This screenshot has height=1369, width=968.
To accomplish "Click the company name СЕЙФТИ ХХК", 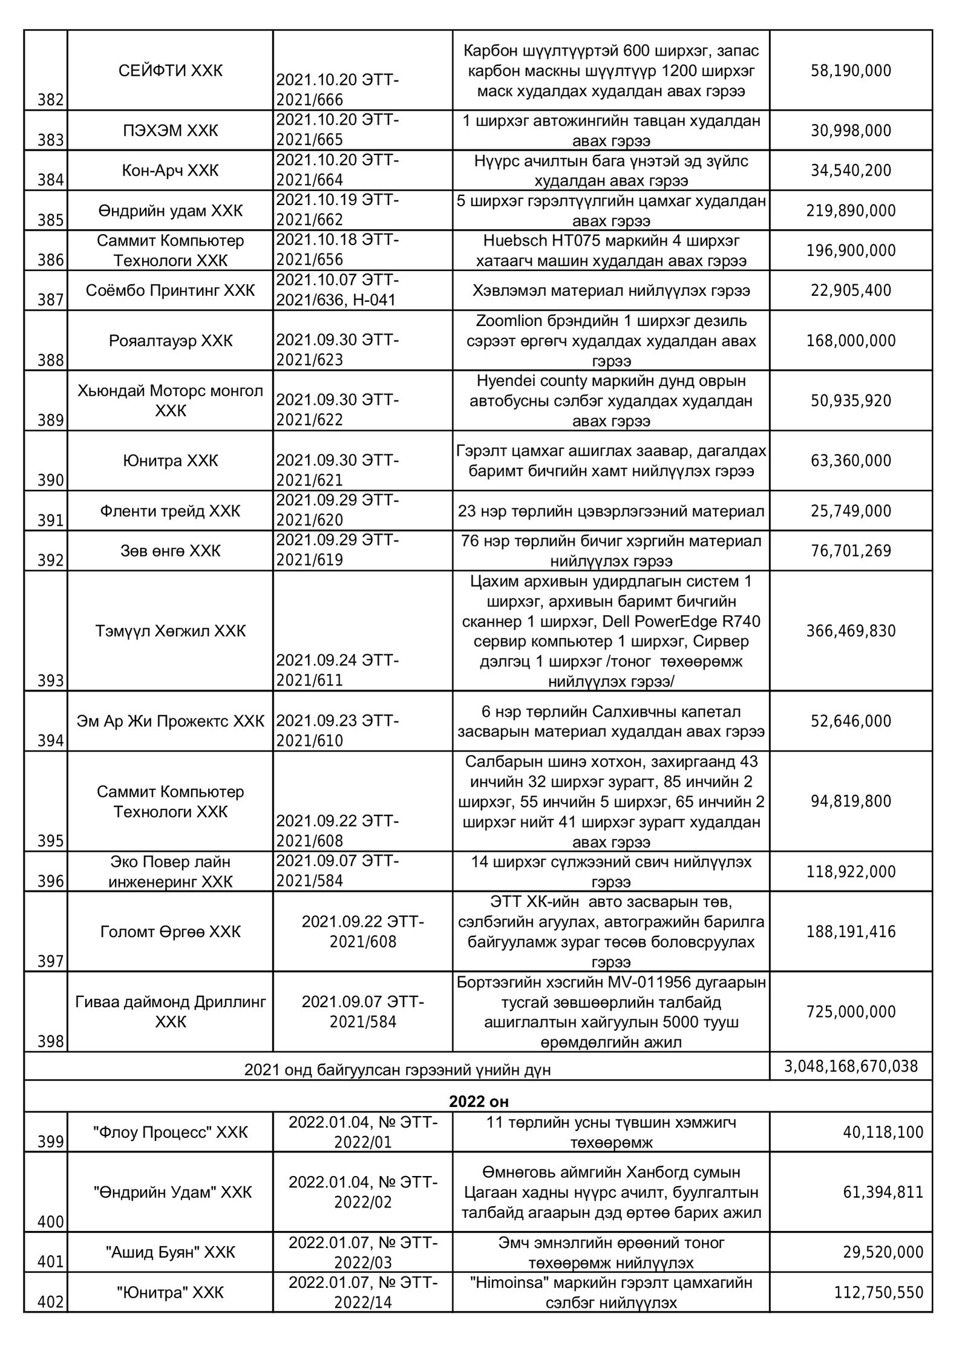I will pyautogui.click(x=170, y=71).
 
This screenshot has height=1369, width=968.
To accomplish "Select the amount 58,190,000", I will pyautogui.click(x=851, y=71).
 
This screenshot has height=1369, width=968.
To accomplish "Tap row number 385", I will pyautogui.click(x=51, y=220).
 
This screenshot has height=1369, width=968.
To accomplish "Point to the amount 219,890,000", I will pyautogui.click(x=851, y=211).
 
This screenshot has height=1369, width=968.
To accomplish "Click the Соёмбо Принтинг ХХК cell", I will pyautogui.click(x=170, y=290).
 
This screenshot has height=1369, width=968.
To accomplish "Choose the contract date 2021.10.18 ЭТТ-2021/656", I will pyautogui.click(x=337, y=250).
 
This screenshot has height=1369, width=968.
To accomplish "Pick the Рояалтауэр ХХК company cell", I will pyautogui.click(x=170, y=341).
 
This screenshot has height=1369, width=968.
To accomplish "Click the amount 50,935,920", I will pyautogui.click(x=851, y=400).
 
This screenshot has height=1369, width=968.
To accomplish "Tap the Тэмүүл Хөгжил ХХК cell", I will pyautogui.click(x=170, y=631).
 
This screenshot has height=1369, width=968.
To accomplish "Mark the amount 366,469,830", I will pyautogui.click(x=851, y=631).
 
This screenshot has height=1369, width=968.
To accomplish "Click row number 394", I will pyautogui.click(x=51, y=740).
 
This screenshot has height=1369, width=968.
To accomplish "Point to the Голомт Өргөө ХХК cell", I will pyautogui.click(x=170, y=932).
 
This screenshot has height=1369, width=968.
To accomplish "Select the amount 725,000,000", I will pyautogui.click(x=851, y=1012).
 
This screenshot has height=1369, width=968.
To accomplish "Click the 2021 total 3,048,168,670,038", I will pyautogui.click(x=851, y=1066).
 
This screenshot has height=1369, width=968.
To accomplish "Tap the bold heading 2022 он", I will pyautogui.click(x=478, y=1101).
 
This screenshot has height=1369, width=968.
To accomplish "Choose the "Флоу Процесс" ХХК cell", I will pyautogui.click(x=170, y=1132).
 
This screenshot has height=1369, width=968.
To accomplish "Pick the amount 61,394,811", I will pyautogui.click(x=883, y=1192).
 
